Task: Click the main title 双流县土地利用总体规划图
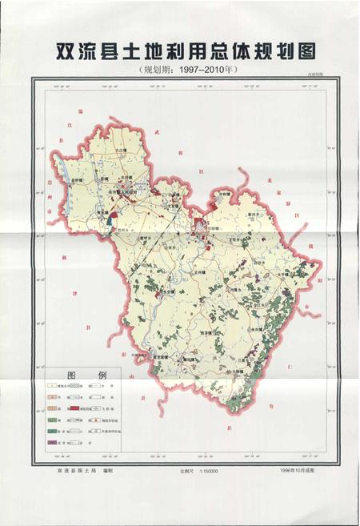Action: click(181, 49)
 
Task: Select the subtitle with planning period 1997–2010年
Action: click(181, 70)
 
